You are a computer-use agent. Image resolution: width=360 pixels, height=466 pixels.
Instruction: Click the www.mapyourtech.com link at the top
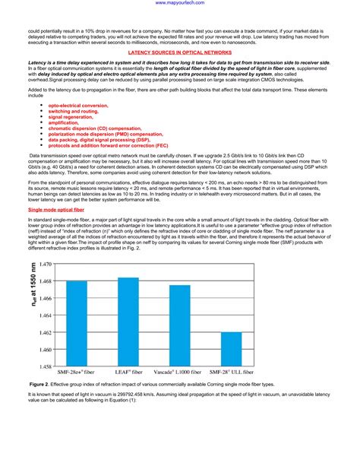(180, 3)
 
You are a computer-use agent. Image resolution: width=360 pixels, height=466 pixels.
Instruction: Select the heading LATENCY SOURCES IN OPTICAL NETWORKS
(180, 53)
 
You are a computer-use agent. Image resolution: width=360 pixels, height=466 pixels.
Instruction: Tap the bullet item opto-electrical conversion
(78, 105)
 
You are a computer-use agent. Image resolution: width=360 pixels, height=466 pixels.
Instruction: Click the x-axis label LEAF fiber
(128, 373)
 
